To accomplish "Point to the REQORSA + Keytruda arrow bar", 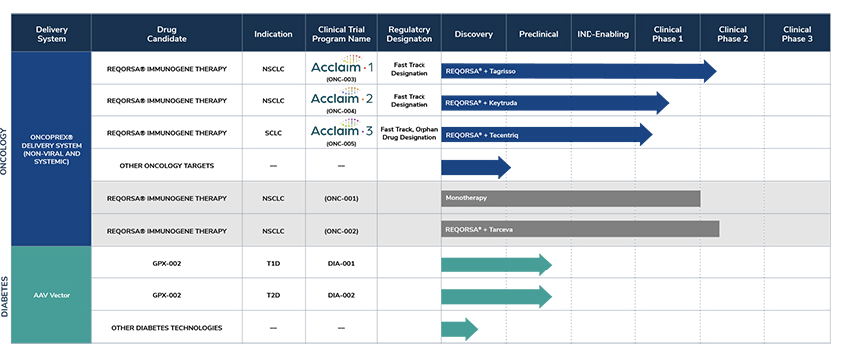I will tap(555, 102).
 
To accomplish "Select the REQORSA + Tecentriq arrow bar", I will tap(547, 134).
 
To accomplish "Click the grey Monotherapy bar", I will tap(571, 198).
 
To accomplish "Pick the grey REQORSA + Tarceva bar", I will tap(581, 230).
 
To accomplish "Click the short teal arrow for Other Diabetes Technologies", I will tap(459, 328).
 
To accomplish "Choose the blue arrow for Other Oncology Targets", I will tap(475, 167).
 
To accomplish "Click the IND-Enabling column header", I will tap(603, 34).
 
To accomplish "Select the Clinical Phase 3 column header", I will tap(796, 34).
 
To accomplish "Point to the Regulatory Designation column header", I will tap(409, 34).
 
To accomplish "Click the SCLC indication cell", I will tap(273, 132).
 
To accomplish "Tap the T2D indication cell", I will tap(273, 295).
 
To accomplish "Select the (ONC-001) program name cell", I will tap(341, 198).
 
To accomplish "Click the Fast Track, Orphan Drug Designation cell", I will tap(409, 132).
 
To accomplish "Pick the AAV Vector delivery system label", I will tap(51, 295).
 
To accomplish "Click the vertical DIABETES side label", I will tap(6, 295).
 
